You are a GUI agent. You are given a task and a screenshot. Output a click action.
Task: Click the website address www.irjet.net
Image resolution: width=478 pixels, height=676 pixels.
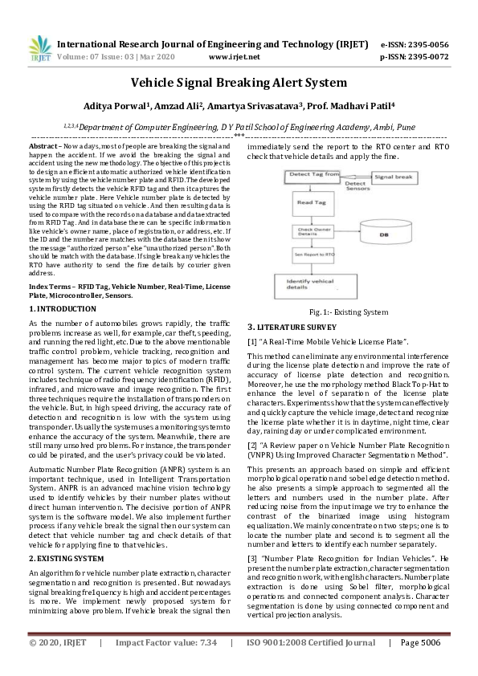[234, 58]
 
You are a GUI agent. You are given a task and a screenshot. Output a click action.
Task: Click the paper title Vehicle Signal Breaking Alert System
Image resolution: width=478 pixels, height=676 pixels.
[239, 83]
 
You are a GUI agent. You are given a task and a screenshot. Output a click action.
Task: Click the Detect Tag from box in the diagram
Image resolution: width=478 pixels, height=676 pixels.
[314, 174]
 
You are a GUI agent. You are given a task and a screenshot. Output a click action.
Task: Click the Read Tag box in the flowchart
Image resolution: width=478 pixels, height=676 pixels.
[311, 204]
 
